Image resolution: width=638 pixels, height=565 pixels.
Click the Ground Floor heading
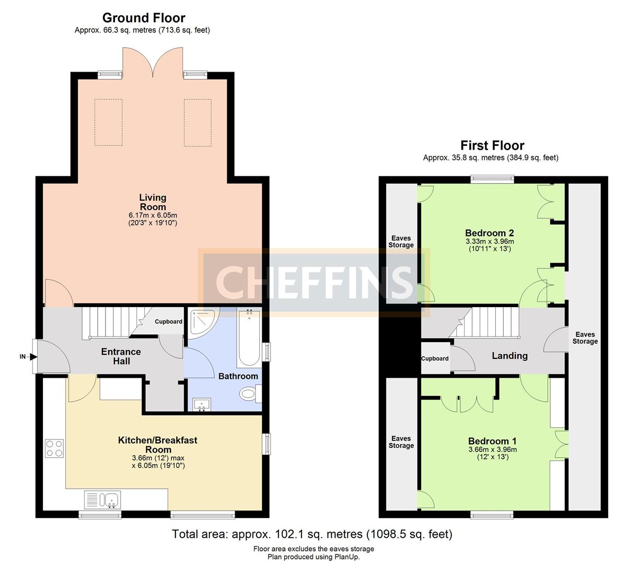(144, 18)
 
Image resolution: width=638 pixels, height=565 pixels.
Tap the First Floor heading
(492, 145)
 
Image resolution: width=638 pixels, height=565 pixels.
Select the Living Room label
(153, 202)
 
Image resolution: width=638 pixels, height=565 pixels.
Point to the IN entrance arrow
(33, 357)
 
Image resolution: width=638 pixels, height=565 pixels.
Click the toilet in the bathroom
(250, 394)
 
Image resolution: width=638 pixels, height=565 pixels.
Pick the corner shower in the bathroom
(202, 323)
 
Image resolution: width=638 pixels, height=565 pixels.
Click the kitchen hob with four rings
(54, 448)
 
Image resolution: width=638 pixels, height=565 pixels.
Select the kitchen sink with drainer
(102, 500)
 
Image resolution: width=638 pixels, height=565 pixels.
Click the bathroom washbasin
(202, 404)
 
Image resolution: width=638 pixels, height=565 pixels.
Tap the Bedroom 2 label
(490, 233)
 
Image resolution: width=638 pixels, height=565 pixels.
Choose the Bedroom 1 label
(493, 441)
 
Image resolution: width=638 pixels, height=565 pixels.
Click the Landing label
(509, 356)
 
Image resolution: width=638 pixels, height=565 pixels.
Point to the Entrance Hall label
(121, 356)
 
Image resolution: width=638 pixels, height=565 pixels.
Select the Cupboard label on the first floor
(435, 358)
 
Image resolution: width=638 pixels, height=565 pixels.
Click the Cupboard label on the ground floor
(168, 321)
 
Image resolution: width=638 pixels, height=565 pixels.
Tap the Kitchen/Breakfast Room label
(158, 445)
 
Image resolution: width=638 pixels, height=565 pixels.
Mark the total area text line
(312, 534)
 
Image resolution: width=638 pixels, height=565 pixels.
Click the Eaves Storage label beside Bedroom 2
(401, 242)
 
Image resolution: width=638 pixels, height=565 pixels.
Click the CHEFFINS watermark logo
(314, 282)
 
